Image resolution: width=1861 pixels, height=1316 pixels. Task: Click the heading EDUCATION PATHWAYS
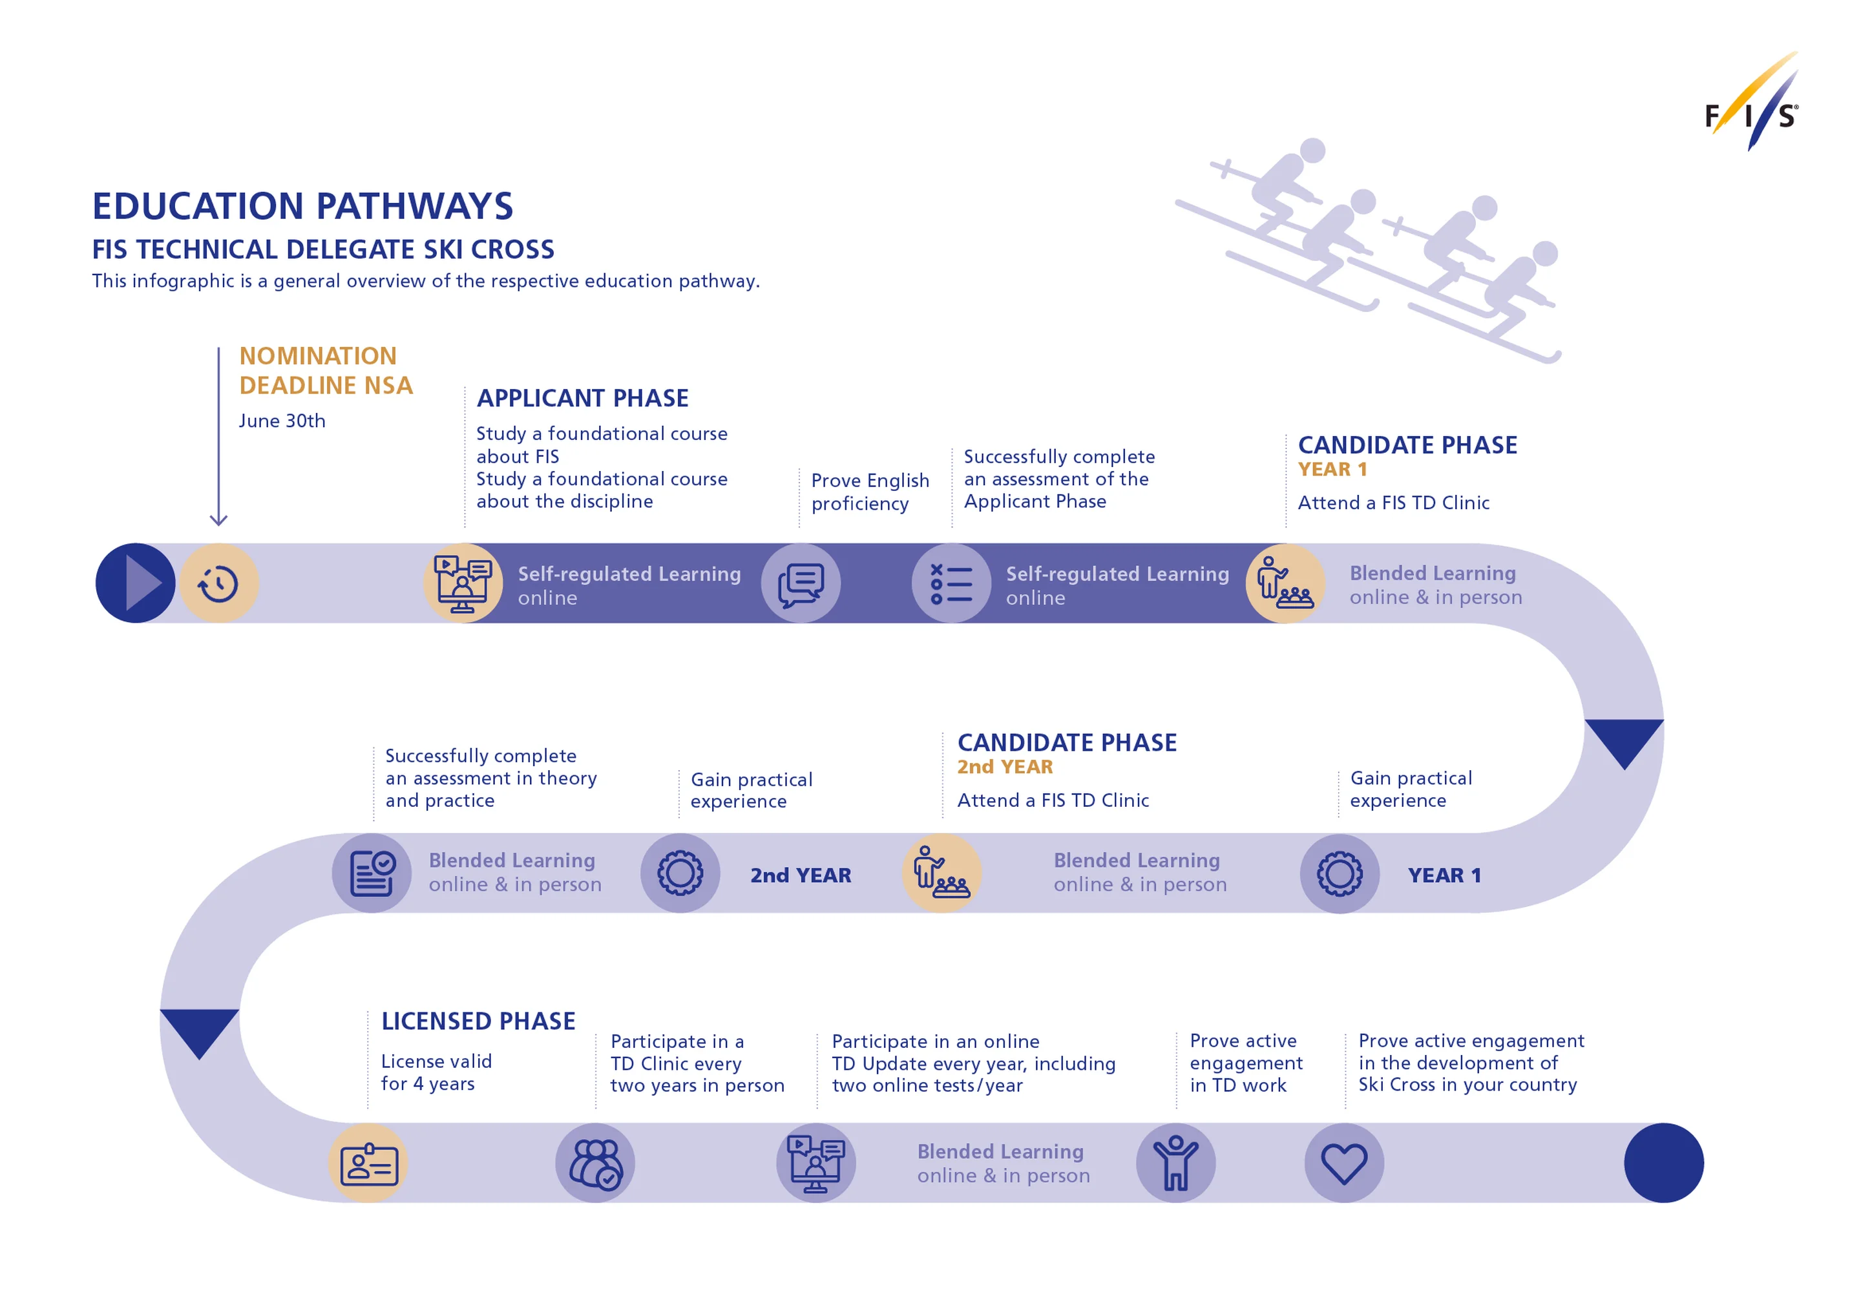(302, 207)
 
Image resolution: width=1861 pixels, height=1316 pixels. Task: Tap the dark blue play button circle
(135, 583)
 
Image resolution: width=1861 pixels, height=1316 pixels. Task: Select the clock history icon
(219, 583)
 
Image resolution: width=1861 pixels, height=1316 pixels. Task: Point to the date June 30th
(282, 421)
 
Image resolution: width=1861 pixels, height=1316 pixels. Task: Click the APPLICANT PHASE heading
(582, 399)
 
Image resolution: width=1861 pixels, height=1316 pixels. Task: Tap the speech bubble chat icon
(801, 583)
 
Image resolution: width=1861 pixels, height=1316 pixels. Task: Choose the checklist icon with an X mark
(952, 583)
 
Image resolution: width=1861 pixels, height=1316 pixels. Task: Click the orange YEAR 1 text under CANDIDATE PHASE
(1332, 470)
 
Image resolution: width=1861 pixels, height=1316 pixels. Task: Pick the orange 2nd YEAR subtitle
(1005, 768)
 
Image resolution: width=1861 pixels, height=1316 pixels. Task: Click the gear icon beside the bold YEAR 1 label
(1340, 873)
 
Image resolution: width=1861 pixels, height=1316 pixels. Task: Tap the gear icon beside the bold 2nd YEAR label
(680, 873)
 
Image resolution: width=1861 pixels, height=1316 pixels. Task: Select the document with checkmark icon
(372, 873)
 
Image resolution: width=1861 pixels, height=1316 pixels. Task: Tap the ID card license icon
(369, 1164)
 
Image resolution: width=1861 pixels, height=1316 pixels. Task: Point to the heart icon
(1344, 1164)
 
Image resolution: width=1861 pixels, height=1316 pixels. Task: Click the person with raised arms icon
(1175, 1164)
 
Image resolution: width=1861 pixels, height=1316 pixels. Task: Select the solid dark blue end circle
(1663, 1164)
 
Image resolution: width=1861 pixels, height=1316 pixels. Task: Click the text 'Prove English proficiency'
(870, 492)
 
